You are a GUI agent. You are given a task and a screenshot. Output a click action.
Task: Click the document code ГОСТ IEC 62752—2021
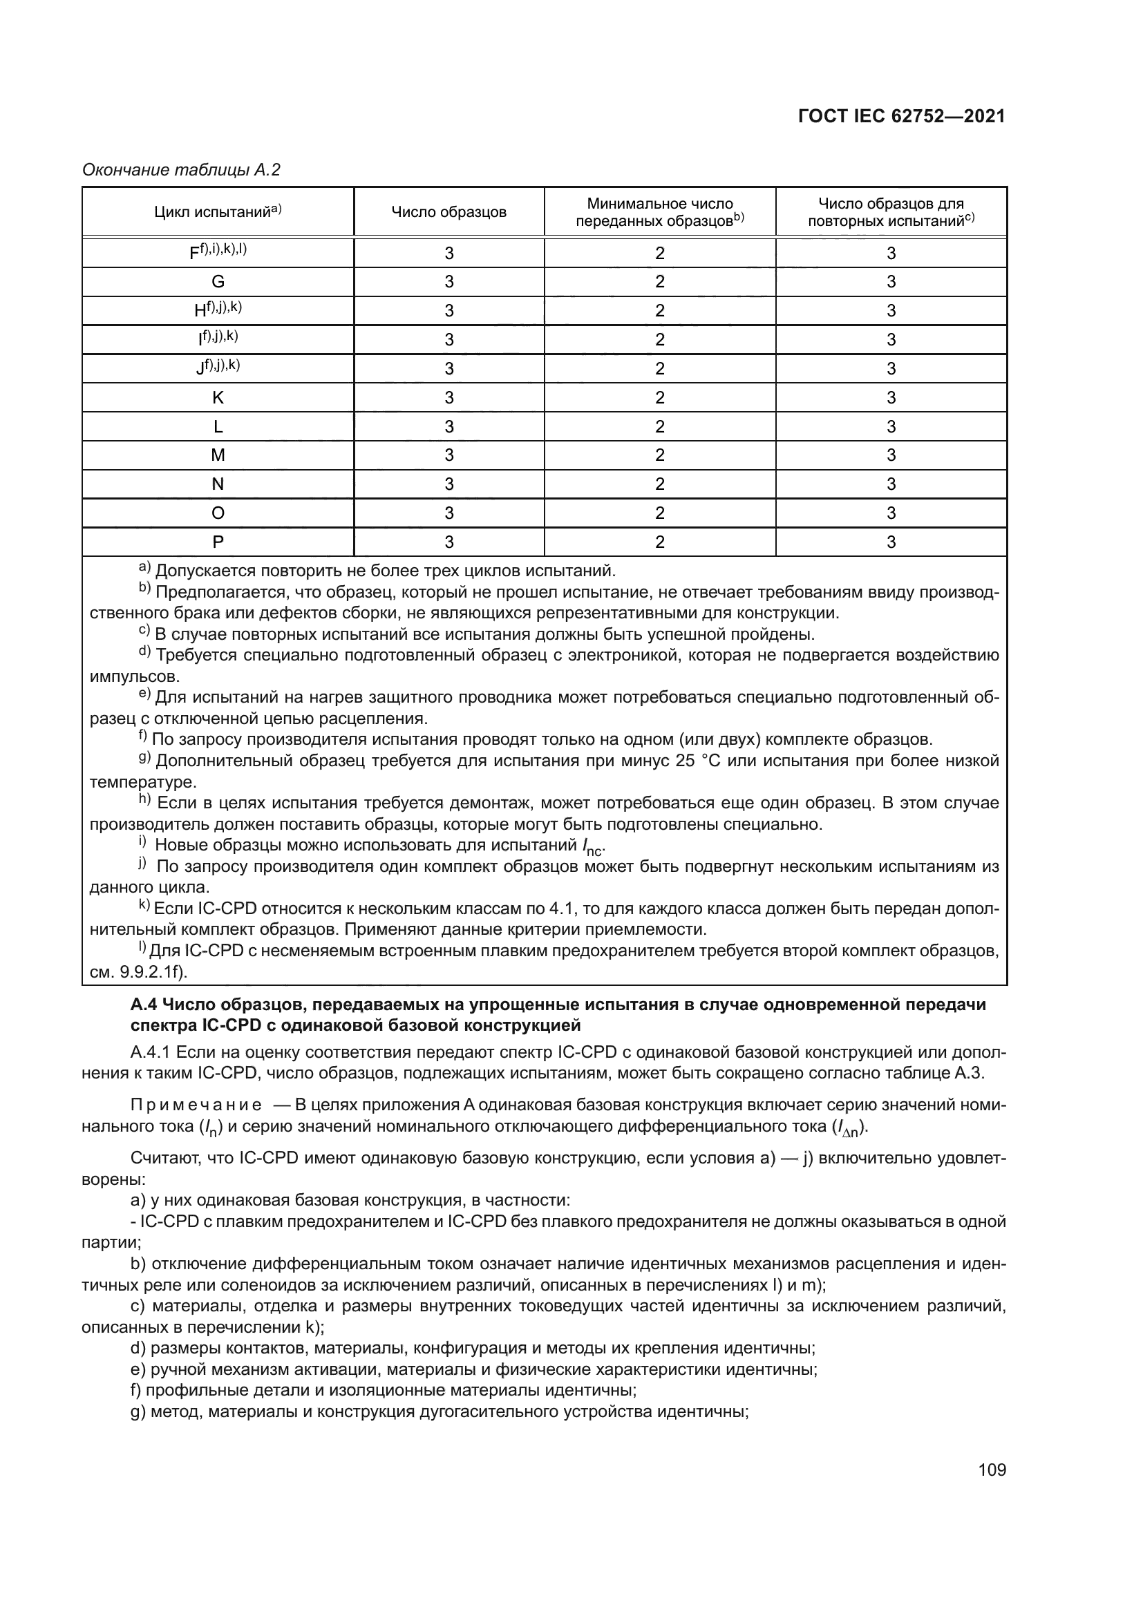(x=902, y=116)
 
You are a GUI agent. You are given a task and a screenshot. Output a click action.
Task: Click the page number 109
(x=992, y=1470)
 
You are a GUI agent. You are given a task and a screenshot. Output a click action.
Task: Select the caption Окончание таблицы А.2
(x=182, y=170)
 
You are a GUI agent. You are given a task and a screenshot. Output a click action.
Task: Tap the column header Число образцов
(x=449, y=212)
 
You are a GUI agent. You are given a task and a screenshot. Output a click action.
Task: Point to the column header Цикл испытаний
(x=218, y=211)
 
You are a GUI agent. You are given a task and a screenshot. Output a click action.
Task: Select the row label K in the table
(x=218, y=398)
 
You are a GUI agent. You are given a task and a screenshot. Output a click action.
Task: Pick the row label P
(x=218, y=542)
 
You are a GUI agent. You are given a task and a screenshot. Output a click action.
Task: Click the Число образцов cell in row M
(x=449, y=455)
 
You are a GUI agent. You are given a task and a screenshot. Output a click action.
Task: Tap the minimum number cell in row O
(x=659, y=513)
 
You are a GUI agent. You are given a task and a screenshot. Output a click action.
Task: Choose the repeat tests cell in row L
(x=891, y=426)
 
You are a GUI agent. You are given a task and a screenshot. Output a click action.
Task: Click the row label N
(x=218, y=484)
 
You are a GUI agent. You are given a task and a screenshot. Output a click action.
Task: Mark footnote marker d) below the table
(x=144, y=652)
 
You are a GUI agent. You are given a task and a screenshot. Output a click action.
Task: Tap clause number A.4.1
(x=149, y=1052)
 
